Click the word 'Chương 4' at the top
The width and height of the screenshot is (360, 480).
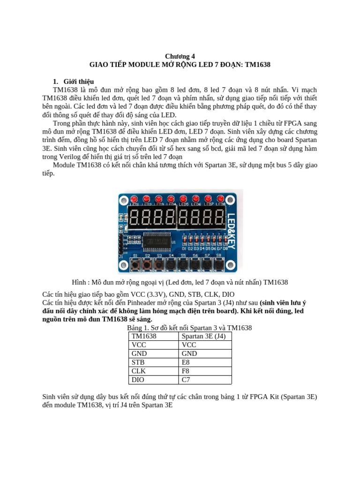coord(180,56)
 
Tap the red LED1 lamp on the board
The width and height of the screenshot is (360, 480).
coord(135,199)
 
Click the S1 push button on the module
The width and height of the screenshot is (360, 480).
coord(135,265)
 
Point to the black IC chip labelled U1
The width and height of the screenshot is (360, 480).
coord(157,242)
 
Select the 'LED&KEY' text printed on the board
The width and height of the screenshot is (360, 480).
coord(232,230)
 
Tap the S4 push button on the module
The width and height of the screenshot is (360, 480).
coord(171,265)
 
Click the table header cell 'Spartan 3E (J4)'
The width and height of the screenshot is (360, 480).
coord(205,336)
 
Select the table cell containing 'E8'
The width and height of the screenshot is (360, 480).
coord(205,362)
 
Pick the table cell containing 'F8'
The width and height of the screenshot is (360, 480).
coord(205,371)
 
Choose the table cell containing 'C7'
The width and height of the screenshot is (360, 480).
coord(205,380)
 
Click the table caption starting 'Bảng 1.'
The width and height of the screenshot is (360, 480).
coord(189,328)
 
